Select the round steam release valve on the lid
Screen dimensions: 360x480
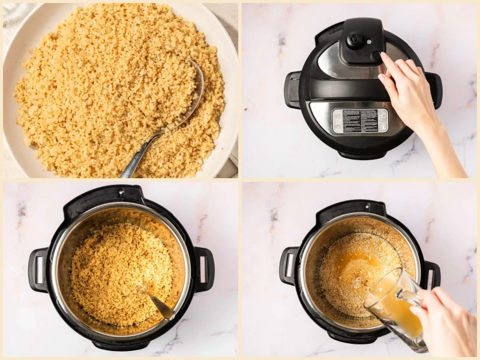355,41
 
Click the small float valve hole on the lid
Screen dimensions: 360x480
376,55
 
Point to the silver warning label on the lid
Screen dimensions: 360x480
360,121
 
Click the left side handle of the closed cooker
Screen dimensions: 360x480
293,90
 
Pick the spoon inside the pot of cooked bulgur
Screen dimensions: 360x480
157,303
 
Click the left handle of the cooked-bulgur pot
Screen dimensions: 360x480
38,269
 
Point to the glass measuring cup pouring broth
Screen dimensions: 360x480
393,306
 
